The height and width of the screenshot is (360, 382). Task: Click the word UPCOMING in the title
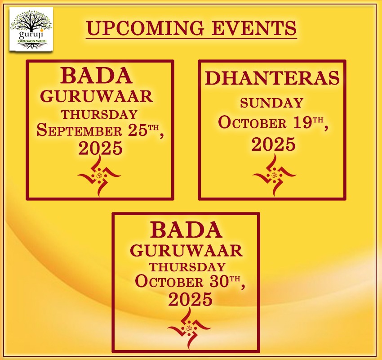tap(145, 28)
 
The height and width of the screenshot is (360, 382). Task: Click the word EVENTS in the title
tap(254, 28)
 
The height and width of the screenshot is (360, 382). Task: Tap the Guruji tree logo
tap(31, 29)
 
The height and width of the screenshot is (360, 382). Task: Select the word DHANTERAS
tap(272, 78)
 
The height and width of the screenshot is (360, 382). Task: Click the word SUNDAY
tap(271, 103)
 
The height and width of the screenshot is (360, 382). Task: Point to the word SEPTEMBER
tap(79, 130)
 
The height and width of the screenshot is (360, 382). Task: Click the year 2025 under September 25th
tap(100, 148)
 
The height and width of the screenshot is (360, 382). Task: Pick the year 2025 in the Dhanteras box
tap(273, 144)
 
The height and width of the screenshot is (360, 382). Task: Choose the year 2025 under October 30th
tap(190, 299)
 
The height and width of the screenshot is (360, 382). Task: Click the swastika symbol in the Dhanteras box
tap(274, 175)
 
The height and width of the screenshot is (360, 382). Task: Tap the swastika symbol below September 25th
tap(99, 175)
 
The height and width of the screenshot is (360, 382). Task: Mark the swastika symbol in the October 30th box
tap(189, 328)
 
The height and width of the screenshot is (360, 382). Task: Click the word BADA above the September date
tap(97, 76)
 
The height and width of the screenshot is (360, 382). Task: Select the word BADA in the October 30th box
tap(187, 230)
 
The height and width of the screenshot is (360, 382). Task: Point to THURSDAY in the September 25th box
tap(99, 114)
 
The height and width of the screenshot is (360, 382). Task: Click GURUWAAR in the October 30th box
tap(187, 250)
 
